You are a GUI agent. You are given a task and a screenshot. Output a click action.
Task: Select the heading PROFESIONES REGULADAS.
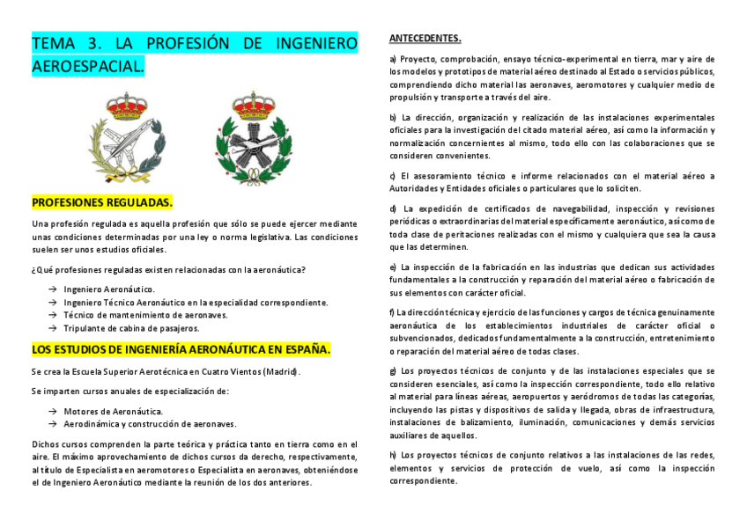(102, 202)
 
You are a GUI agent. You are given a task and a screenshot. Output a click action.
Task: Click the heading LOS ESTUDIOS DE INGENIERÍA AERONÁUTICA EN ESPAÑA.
(181, 349)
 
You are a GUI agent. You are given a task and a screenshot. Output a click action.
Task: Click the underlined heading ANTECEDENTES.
(425, 39)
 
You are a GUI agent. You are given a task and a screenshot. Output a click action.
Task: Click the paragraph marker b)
(393, 117)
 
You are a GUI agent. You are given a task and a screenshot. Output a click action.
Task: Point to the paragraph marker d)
(393, 209)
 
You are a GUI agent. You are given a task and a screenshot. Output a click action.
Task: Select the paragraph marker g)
(393, 371)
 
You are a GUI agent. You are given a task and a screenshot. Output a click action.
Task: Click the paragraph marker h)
(393, 455)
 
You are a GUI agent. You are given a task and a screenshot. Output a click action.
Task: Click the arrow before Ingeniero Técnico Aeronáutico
(53, 302)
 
